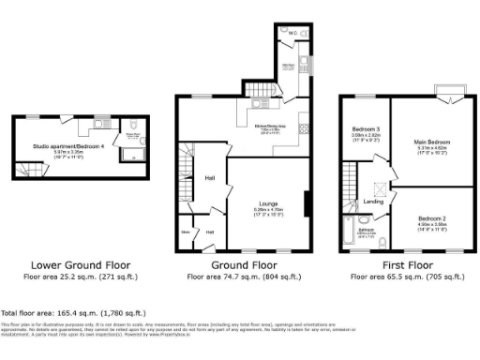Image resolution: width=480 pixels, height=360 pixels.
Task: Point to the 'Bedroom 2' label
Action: [430, 217]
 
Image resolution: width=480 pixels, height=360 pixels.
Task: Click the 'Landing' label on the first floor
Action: [372, 201]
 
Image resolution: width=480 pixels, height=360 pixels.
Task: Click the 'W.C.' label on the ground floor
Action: [292, 34]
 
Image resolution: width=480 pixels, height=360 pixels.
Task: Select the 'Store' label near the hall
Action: [186, 232]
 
